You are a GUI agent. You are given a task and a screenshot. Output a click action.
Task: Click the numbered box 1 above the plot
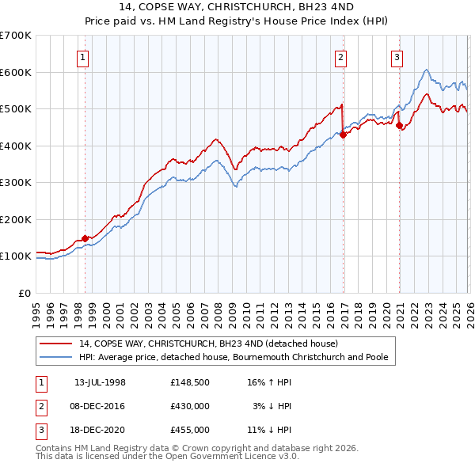[x=83, y=56]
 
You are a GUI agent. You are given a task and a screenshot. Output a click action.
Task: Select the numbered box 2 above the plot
[x=340, y=56]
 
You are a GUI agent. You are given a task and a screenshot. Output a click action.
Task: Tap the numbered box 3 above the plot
[x=397, y=56]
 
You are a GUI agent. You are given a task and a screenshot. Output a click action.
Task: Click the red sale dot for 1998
[x=85, y=238]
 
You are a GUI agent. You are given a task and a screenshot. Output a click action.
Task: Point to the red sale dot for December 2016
[x=343, y=135]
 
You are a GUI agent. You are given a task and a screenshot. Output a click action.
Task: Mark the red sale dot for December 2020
[x=399, y=125]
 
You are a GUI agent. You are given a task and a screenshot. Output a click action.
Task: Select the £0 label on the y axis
[x=24, y=293]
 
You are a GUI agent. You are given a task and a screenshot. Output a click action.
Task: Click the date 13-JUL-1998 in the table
[x=100, y=382]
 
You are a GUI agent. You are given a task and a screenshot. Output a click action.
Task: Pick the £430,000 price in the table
[x=190, y=406]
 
